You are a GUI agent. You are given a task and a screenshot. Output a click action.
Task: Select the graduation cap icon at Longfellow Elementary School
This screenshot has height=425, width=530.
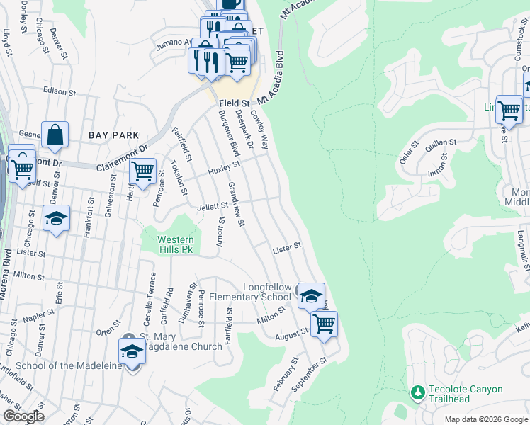point(310,295)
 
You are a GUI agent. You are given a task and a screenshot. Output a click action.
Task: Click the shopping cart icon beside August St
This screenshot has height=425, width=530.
point(324,324)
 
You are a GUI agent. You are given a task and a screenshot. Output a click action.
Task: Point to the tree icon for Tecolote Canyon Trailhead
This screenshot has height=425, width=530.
point(417,392)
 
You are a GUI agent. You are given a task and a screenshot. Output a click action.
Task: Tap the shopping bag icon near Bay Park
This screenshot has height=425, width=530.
point(55,134)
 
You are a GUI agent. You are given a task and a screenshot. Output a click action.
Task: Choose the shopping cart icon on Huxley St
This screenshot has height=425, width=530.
point(143,171)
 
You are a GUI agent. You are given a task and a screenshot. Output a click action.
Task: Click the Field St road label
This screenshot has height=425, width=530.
point(233,103)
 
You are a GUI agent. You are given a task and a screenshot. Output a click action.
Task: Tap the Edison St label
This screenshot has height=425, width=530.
point(59,92)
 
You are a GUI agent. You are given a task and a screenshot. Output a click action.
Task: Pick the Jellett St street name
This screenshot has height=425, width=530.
point(211,206)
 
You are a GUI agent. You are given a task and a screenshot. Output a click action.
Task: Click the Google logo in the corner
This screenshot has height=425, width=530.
point(23,416)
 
